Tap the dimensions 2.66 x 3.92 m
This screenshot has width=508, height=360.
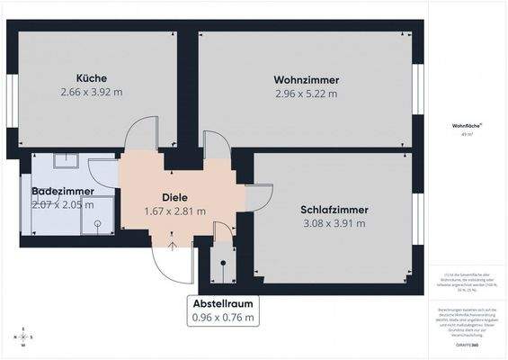pos(92,91)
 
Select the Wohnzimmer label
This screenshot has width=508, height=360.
pos(306,79)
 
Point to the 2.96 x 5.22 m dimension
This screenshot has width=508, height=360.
pos(307,93)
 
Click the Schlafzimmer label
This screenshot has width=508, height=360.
pos(334,210)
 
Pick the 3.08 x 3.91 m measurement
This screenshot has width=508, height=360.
pos(334,223)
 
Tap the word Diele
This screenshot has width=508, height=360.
pos(174,197)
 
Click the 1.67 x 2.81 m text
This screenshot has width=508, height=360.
pos(174,211)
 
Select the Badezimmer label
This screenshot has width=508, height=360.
pos(58,192)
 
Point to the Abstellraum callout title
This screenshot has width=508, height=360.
pos(222,303)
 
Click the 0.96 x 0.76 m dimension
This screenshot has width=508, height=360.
pos(222,317)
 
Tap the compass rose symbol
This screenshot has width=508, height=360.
pos(22,337)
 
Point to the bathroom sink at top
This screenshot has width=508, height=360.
pos(65,161)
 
